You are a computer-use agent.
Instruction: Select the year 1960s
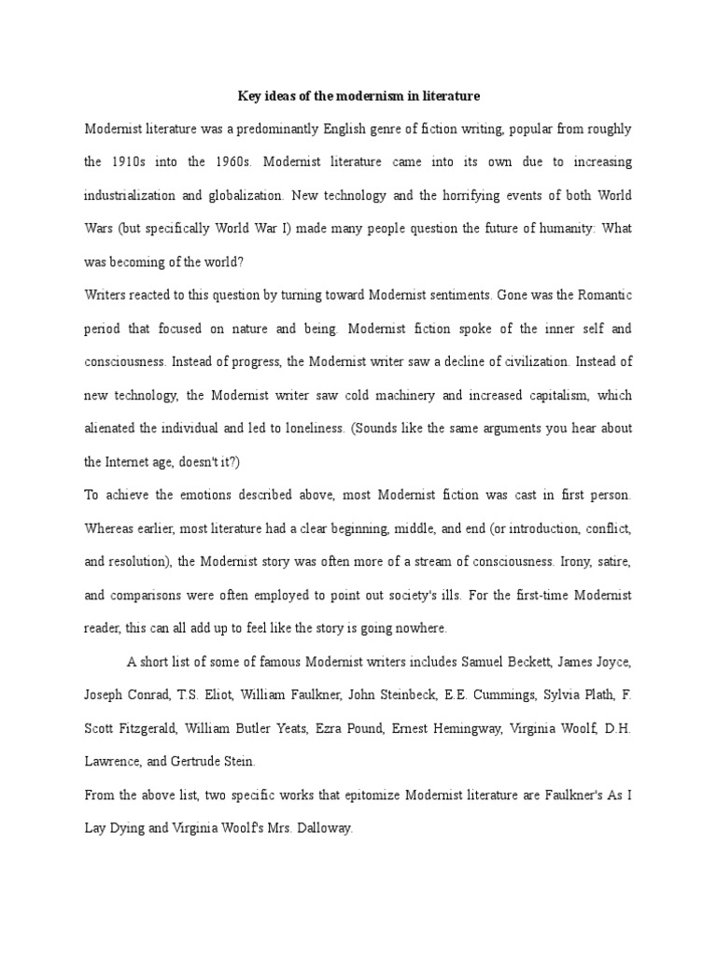[229, 162]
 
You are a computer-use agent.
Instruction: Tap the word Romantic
[602, 295]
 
